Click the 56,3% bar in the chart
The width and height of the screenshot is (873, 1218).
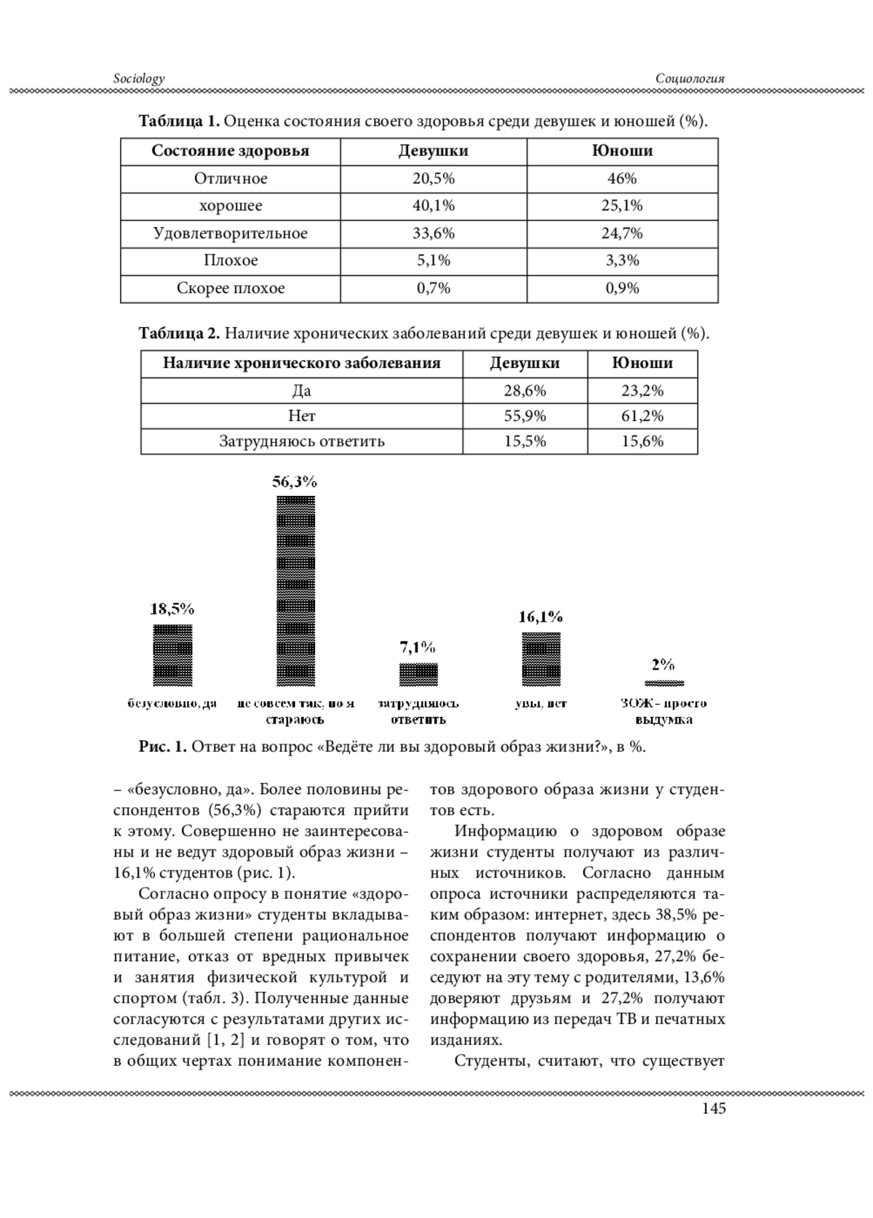295,590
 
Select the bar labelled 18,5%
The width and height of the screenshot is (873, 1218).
172,654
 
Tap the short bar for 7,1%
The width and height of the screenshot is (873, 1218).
418,674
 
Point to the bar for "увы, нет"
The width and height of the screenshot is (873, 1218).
541,659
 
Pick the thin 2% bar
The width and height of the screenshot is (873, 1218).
664,683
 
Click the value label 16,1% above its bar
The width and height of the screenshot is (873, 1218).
541,617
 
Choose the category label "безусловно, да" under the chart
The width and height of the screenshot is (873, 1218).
172,703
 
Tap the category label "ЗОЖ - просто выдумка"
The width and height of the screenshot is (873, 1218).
663,711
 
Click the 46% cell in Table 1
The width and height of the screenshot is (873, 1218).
622,179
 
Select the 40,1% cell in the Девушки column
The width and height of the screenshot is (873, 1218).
434,206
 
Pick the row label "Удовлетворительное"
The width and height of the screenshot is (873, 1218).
231,233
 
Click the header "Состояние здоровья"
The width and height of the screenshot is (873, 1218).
231,151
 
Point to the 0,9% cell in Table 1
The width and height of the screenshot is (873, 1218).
622,288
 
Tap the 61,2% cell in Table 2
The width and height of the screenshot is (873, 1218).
642,416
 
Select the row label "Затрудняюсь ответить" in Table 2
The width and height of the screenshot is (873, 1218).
302,441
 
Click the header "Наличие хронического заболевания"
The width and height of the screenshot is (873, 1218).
302,364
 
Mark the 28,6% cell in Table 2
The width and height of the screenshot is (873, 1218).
525,390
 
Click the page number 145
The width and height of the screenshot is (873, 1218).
714,1109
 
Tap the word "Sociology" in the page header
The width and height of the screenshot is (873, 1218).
139,79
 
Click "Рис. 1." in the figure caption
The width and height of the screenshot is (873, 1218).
163,748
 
